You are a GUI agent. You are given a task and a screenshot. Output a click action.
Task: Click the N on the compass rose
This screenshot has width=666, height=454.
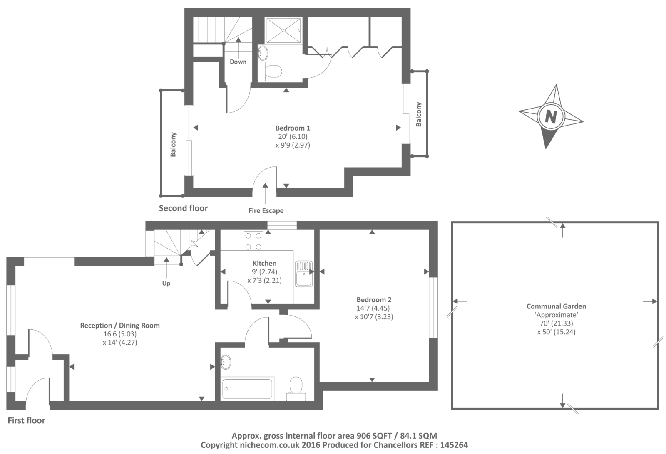pyautogui.click(x=551, y=115)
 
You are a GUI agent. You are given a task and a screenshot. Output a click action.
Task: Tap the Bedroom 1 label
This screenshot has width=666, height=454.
pyautogui.click(x=293, y=128)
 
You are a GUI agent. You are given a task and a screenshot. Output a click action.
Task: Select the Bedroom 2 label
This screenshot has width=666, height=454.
pyautogui.click(x=373, y=299)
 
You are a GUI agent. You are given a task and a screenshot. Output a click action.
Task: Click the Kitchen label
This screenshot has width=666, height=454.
pyautogui.click(x=264, y=263)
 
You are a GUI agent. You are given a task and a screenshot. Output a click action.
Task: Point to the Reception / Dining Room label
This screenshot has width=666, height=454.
pyautogui.click(x=120, y=326)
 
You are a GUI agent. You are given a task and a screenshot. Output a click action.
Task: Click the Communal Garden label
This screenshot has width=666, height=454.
pyautogui.click(x=556, y=306)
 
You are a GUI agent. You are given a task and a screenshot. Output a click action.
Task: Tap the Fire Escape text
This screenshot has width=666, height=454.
pyautogui.click(x=266, y=211)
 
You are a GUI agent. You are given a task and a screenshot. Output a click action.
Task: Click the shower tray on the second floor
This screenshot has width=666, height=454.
pyautogui.click(x=283, y=30)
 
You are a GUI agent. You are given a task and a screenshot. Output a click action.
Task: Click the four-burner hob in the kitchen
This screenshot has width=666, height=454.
pyautogui.click(x=253, y=241)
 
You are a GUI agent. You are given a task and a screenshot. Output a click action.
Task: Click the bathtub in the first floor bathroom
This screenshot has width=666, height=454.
pyautogui.click(x=248, y=388)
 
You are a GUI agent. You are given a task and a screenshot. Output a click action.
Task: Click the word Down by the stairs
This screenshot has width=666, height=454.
pyautogui.click(x=238, y=62)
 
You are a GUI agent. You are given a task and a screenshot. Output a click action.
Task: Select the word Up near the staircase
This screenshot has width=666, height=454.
pyautogui.click(x=166, y=283)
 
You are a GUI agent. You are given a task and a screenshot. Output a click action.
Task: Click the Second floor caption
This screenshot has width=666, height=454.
pyautogui.click(x=183, y=208)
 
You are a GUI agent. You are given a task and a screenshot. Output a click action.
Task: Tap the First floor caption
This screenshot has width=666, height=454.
pyautogui.click(x=27, y=420)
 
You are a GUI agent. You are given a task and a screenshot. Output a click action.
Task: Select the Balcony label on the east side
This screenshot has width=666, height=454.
pyautogui.click(x=419, y=114)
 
